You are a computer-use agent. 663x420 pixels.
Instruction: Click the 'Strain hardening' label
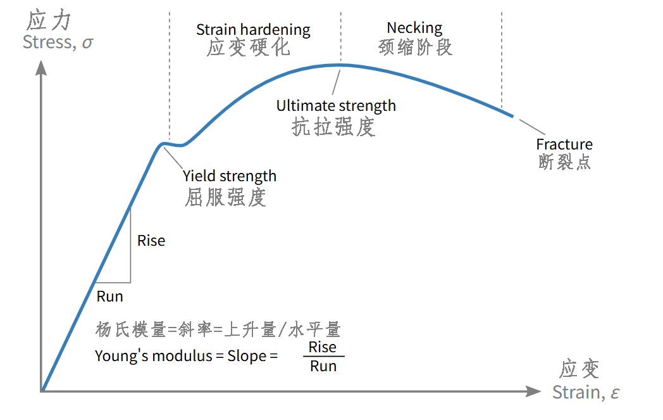pos(253,30)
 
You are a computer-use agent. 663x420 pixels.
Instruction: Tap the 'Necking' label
pos(414,28)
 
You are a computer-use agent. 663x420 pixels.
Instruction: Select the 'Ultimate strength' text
pos(336,106)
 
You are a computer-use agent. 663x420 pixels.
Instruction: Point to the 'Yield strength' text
pos(230,176)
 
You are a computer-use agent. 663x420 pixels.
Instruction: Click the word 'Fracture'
pos(564,144)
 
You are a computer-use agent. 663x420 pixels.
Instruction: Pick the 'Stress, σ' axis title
pos(58,42)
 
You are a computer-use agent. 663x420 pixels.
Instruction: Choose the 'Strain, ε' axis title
pos(586,393)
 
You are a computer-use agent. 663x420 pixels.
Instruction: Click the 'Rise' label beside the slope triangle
pos(151,241)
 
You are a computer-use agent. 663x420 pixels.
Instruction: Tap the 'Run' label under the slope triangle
pos(109,296)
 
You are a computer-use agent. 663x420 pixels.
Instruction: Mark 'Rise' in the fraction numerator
pos(322,347)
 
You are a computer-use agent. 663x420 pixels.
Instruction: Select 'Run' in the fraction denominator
pos(323,366)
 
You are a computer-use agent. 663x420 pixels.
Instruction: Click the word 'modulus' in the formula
pos(182,355)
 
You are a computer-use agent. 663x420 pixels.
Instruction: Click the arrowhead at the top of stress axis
pos(41,68)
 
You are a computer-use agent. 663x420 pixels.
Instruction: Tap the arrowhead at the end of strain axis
pos(533,391)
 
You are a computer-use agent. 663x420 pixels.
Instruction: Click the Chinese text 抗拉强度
pos(333,127)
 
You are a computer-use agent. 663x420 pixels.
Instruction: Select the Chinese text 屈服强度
pos(225,197)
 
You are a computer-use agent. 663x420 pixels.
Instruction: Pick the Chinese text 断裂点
pos(564,162)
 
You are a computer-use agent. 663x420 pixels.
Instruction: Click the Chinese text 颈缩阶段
pos(415,47)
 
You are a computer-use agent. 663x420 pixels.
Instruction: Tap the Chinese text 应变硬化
pos(248,48)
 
